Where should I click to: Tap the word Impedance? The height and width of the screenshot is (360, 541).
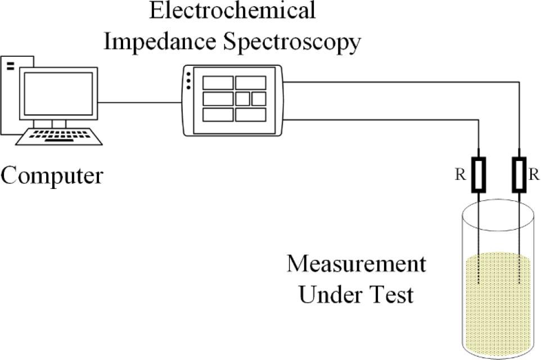click(x=160, y=42)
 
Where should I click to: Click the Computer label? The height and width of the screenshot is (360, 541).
click(x=52, y=175)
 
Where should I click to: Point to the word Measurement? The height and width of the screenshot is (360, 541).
click(x=356, y=264)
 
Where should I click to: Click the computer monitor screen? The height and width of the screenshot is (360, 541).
click(x=58, y=93)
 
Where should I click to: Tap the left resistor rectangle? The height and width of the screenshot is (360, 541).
click(x=478, y=175)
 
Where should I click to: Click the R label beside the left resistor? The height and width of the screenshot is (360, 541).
click(x=459, y=175)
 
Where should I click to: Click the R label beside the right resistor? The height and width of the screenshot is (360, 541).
click(x=534, y=175)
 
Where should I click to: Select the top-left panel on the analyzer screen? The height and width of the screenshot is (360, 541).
click(x=218, y=83)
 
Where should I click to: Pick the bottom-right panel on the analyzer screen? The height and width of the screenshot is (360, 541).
click(x=251, y=115)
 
